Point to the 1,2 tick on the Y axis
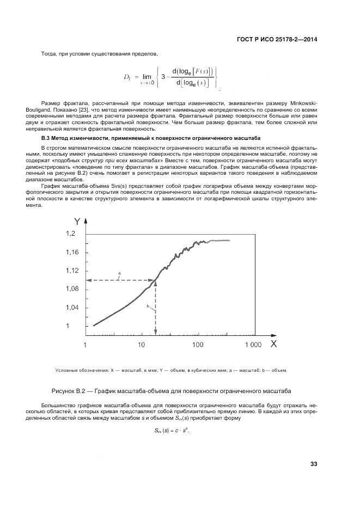[x=72, y=234]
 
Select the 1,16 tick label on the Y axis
[x=72, y=252]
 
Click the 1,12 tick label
[x=72, y=271]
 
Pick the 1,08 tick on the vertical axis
[x=72, y=289]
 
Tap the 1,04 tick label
[x=72, y=308]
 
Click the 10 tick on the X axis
[x=141, y=345]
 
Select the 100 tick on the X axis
[x=197, y=345]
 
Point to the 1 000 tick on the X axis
[x=253, y=345]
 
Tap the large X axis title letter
[x=273, y=344]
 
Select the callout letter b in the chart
[x=148, y=307]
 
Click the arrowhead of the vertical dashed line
[x=156, y=332]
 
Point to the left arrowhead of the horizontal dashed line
[x=89, y=280]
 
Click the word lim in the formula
[x=147, y=77]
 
